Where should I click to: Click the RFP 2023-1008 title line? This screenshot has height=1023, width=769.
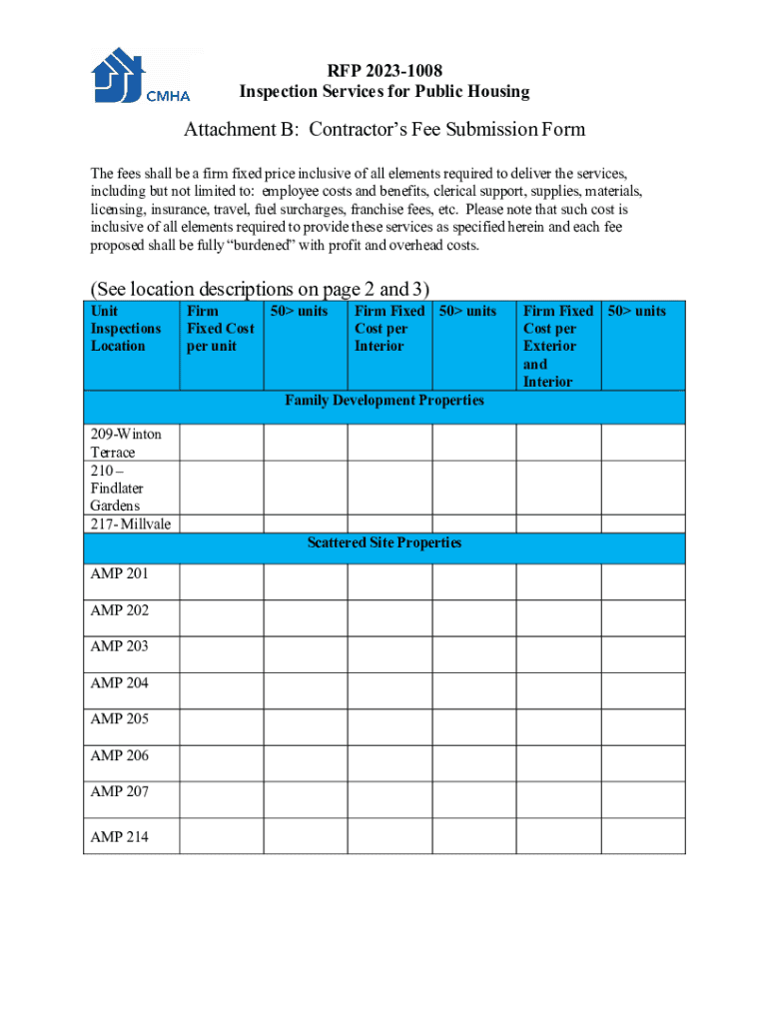384,70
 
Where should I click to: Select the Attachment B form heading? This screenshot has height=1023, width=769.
384,130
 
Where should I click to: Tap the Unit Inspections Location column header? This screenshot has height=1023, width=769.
126,329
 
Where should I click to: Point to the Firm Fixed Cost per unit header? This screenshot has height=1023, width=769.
221,329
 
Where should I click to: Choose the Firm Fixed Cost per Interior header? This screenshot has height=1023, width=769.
388,329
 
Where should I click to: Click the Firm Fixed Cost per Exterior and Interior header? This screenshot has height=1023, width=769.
557,346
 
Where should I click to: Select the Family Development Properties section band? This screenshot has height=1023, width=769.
384,401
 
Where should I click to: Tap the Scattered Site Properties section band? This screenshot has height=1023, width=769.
384,543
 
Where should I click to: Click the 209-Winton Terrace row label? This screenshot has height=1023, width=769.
126,443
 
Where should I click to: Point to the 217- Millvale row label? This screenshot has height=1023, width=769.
130,524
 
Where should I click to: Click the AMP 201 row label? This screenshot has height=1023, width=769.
120,573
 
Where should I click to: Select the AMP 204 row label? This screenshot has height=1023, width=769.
120,683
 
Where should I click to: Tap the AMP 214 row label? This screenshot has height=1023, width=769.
120,837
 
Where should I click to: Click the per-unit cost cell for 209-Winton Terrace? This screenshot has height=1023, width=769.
221,443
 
